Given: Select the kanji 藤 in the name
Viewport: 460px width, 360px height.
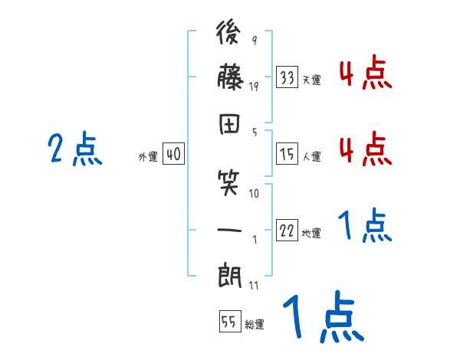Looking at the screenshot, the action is point(231,79).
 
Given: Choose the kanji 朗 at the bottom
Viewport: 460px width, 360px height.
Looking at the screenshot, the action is point(231,273).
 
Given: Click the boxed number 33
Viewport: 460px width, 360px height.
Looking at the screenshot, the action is point(287,78).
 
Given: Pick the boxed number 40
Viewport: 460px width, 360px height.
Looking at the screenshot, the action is point(173,155).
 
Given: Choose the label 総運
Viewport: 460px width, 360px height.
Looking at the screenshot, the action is point(255,325).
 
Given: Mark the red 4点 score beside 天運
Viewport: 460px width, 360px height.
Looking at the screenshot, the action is point(365,74).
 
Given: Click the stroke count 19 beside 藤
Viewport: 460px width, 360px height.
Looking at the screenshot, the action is point(254,87).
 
